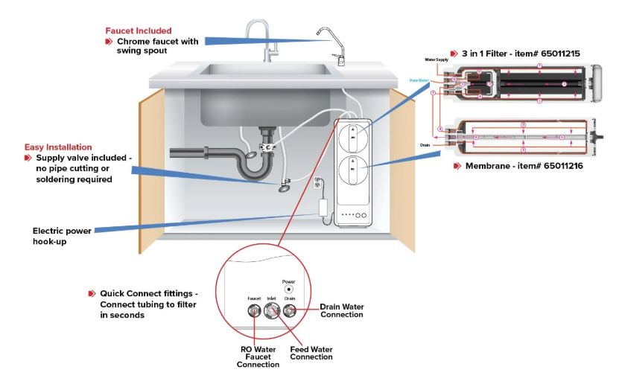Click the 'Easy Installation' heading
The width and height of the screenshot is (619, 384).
[x=58, y=147]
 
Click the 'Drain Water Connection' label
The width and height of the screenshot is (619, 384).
[x=341, y=310]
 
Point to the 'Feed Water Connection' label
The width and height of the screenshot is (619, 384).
[x=311, y=353]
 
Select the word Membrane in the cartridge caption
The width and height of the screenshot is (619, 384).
[x=492, y=166]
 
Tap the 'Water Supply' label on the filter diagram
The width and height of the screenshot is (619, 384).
[x=437, y=59]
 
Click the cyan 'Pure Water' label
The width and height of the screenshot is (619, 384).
[x=419, y=80]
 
